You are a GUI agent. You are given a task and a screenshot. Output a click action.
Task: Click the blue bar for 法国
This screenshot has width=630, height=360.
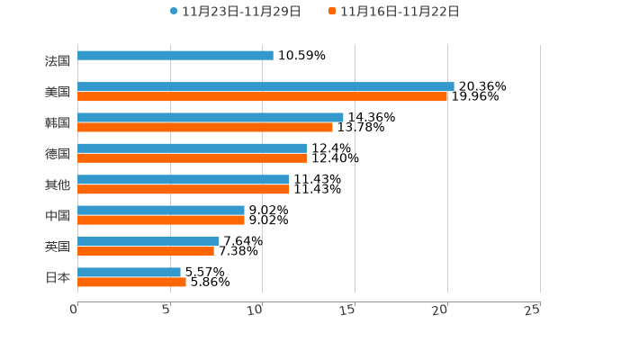[175, 56]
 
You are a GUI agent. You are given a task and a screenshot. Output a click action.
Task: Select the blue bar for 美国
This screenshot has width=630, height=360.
[265, 86]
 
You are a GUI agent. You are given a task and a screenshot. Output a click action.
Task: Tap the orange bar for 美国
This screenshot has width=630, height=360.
[263, 96]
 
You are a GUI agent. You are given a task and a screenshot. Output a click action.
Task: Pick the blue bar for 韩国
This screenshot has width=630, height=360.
[211, 117]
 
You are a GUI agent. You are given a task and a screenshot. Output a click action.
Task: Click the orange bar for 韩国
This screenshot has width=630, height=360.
[205, 127]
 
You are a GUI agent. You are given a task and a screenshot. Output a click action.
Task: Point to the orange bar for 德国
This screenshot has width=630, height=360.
[192, 158]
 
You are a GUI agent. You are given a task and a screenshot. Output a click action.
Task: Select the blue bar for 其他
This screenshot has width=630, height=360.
[183, 179]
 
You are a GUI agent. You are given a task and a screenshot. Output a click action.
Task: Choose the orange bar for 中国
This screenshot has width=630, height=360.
[161, 220]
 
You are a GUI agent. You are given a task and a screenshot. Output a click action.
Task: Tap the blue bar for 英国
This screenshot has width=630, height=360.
[148, 241]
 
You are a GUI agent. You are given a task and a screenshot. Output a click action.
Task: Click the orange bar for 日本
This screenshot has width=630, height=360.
[131, 283]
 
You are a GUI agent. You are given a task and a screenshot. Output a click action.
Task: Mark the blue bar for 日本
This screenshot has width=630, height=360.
[129, 272]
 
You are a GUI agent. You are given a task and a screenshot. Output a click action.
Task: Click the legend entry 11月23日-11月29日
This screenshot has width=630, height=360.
[236, 12]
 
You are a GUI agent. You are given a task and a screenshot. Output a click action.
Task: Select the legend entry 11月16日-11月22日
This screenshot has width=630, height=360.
[394, 12]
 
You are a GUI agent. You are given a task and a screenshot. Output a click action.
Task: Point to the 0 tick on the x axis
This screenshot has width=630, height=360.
[74, 310]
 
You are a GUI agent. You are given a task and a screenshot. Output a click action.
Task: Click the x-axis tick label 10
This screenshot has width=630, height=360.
[256, 310]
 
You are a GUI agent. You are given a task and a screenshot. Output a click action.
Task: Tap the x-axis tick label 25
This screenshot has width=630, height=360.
[532, 310]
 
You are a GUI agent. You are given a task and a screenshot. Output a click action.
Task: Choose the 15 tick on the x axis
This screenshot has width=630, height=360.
[348, 310]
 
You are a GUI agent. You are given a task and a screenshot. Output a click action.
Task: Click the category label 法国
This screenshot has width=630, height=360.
[58, 61]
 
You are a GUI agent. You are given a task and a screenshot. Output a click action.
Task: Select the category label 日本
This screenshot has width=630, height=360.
[58, 277]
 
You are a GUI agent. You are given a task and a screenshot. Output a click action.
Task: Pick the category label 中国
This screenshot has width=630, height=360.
[58, 216]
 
